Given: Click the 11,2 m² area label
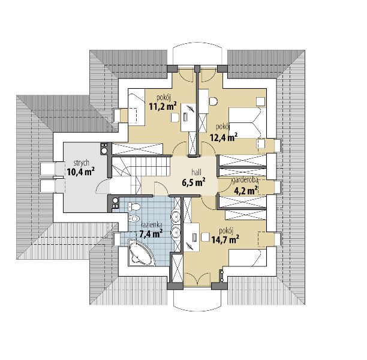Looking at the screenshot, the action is pos(163,106).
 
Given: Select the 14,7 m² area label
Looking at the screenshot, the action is pos(225,239).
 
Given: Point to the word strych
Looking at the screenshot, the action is pos(81,163).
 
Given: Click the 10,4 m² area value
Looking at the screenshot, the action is pos(81,172).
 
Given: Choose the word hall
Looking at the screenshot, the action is pos(196,172).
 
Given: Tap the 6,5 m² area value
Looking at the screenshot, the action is pos(194,182).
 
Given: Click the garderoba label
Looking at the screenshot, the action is pos(245,181).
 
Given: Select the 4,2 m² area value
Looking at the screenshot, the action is pos(246,190).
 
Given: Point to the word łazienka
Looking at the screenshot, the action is pos(152,225).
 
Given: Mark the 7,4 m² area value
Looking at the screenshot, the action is pos(151,233).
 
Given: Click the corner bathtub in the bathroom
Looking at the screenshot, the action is pos(142,253).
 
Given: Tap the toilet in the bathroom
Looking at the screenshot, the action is pos(134,206).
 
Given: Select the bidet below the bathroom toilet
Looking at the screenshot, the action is pos(134,218).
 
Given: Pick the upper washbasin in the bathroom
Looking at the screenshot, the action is pos(175,217).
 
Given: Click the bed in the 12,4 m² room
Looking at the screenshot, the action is pos(248,123).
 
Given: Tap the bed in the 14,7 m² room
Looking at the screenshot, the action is pos(248,258).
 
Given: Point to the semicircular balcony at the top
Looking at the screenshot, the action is pos(197,53).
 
